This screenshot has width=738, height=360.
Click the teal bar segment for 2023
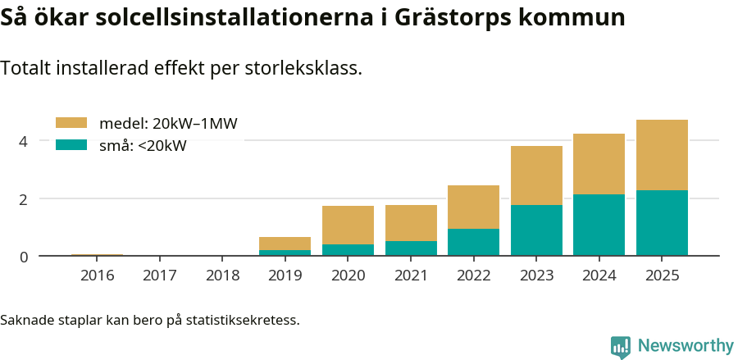[536, 230]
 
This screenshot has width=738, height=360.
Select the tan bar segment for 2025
[662, 155]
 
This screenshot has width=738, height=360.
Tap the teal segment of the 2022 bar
[473, 242]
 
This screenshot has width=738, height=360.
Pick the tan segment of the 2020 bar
[348, 225]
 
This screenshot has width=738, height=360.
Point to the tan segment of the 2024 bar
[599, 164]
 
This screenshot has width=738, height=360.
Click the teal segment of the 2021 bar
[411, 248]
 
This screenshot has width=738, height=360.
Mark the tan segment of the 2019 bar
[285, 244]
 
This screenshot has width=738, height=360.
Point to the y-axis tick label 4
[24, 141]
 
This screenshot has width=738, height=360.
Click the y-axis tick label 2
[24, 199]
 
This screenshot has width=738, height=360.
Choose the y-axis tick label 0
[24, 257]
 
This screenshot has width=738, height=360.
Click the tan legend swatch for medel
[71, 123]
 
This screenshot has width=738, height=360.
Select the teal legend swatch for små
[71, 145]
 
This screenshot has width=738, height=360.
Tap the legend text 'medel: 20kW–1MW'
[168, 124]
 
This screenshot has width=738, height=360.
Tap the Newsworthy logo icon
[621, 346]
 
